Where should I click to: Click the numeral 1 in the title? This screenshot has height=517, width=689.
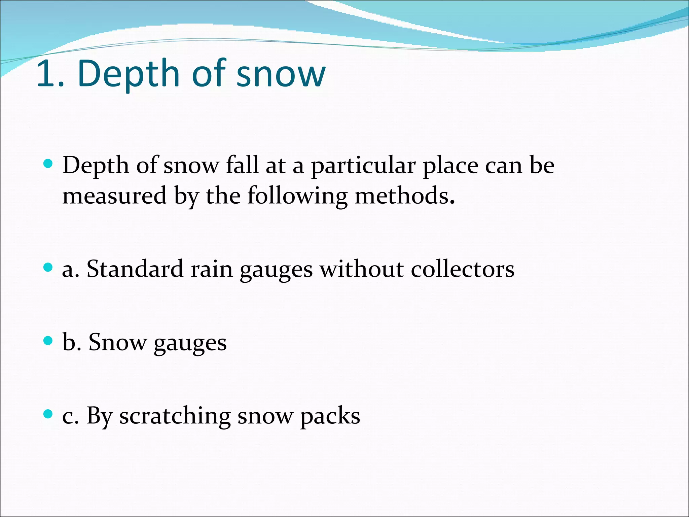point(47,73)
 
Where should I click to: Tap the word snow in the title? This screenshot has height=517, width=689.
point(281,75)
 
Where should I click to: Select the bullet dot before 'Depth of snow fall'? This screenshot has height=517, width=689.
point(48,164)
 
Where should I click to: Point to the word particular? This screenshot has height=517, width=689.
point(363,166)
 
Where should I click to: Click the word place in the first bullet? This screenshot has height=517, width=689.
point(450,166)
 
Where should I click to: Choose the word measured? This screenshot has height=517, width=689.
point(114,196)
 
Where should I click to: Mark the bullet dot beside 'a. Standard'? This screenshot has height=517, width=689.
point(48,268)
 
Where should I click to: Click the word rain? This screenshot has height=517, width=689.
point(212,270)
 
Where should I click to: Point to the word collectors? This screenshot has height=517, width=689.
point(463,270)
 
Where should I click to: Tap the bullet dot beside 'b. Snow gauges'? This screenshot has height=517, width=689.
point(48,341)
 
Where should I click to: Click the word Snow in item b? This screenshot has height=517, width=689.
point(117,343)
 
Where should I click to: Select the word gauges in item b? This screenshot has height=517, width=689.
point(190,344)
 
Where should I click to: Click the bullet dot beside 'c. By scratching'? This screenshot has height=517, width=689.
point(48,414)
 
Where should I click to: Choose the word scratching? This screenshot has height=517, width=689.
point(175,417)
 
